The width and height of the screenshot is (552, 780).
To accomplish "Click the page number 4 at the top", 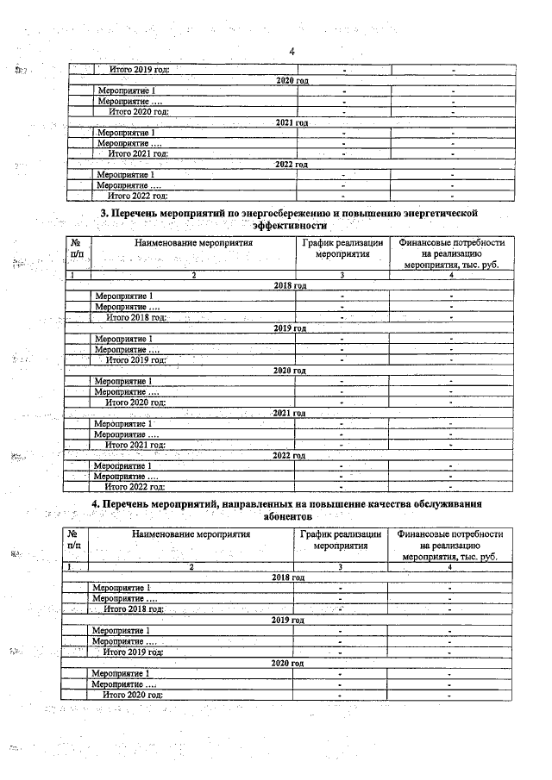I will coord(292,51).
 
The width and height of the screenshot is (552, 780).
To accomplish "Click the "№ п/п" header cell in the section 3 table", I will coord(75,250).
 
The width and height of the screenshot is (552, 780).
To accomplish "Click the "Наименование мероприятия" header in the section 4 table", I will coord(191,534).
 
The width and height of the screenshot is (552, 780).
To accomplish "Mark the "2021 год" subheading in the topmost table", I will coord(292,122).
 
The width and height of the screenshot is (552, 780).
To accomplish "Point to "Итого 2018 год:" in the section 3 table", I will coord(135,317).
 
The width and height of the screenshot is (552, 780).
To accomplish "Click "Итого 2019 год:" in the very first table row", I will coord(138,69).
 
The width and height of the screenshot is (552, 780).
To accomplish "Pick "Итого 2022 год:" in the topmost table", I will coord(136,196).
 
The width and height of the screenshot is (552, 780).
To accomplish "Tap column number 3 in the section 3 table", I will coord(342,275).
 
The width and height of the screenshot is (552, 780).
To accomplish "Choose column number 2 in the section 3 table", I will coord(193,275).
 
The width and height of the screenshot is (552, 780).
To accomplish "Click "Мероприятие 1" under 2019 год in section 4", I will coord(121,631).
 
